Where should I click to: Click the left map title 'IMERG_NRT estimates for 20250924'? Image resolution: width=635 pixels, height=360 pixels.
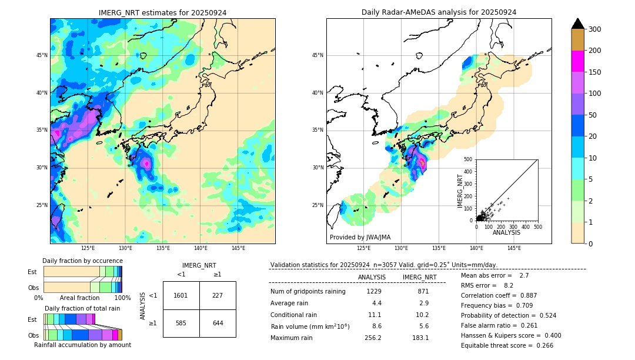[x=162, y=12]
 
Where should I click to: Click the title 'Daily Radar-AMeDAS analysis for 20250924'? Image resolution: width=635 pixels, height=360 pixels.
[x=439, y=12]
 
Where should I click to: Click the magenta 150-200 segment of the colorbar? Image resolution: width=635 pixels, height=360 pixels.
[x=577, y=62]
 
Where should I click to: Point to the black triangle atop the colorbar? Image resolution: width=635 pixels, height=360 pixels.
[x=577, y=24]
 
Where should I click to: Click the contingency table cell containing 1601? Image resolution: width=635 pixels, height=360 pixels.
[x=181, y=295]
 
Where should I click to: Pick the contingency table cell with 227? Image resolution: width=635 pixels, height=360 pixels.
[x=218, y=295]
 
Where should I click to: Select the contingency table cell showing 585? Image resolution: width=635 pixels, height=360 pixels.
[x=181, y=323]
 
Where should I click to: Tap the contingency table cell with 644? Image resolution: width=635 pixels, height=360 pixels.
[x=218, y=323]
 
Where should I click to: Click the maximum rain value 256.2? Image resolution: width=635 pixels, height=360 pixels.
[x=373, y=338]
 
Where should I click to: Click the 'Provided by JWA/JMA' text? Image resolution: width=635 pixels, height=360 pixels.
[x=360, y=238]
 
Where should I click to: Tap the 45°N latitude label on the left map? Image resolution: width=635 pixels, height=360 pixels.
[x=41, y=55]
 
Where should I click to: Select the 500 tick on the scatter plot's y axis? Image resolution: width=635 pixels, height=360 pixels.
[x=468, y=159]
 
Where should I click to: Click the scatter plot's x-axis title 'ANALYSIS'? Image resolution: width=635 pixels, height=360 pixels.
[x=506, y=233]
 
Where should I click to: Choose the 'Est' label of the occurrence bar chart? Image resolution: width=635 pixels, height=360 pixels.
[x=32, y=272]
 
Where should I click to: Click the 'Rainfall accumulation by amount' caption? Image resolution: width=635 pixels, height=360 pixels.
[x=82, y=345]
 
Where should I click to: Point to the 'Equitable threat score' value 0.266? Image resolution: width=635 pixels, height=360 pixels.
[x=541, y=345]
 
